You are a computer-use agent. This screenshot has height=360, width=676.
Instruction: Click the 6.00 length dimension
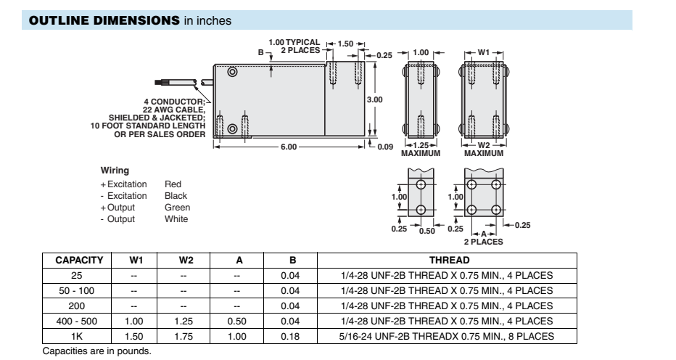click(x=289, y=147)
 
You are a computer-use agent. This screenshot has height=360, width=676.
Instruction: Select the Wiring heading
click(x=115, y=171)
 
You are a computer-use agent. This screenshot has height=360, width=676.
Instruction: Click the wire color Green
click(x=178, y=208)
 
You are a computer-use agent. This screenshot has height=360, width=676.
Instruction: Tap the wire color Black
click(x=176, y=196)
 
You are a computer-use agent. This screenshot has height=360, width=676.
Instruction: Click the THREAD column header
click(x=449, y=260)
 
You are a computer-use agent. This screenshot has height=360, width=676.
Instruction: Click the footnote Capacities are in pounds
click(x=97, y=351)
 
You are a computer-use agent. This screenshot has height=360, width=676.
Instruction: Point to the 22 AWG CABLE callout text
click(x=177, y=108)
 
